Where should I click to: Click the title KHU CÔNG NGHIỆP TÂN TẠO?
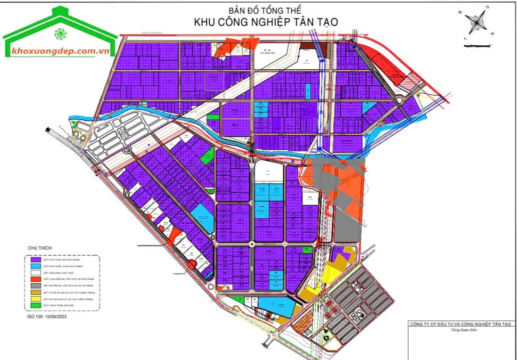point(266,22)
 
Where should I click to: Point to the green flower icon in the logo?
point(60,34)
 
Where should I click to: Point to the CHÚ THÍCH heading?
point(41,247)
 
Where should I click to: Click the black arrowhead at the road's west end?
point(47,130)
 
